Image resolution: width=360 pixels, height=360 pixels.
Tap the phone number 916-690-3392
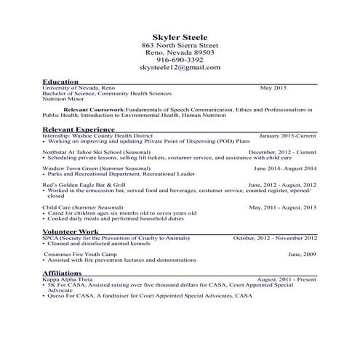tap(180, 60)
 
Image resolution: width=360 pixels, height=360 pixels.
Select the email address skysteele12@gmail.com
tap(180, 68)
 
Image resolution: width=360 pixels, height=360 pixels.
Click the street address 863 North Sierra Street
tap(180, 44)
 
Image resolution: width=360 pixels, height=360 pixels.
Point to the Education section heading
tap(61, 82)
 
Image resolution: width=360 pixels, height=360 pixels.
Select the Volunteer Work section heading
tap(71, 231)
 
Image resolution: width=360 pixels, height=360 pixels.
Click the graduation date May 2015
tap(273, 88)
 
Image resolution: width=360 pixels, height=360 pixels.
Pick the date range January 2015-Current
tap(287, 135)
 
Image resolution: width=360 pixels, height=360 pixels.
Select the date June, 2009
tap(302, 254)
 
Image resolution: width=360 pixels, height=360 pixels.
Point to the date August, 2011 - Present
tap(287, 279)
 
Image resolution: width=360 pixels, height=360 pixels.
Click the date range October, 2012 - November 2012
tap(275, 237)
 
